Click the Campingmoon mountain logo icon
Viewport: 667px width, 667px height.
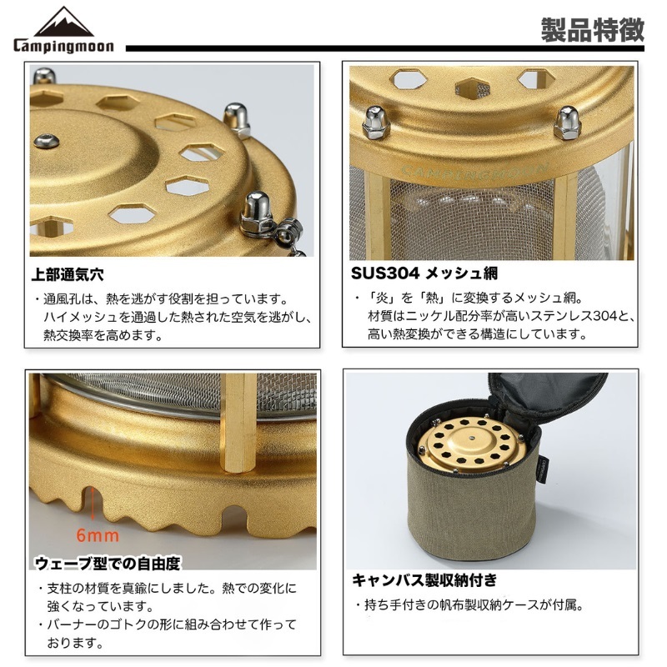pos(64,23)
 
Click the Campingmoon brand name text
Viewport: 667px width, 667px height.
pos(64,46)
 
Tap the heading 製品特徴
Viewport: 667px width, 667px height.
pos(593,30)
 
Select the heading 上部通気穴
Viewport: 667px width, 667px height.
pos(68,274)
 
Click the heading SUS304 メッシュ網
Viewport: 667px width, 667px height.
pos(424,273)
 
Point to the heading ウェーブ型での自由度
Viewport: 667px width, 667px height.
pos(108,564)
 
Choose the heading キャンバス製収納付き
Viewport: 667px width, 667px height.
pos(424,579)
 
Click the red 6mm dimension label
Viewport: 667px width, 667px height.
pos(98,535)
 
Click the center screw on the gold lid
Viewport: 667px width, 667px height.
pos(47,140)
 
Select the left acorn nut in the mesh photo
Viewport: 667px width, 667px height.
pos(376,123)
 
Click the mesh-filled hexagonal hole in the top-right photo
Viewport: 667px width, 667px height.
pos(473,88)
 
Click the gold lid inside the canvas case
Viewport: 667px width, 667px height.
pos(470,444)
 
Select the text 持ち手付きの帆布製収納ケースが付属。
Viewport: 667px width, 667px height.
pos(474,604)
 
